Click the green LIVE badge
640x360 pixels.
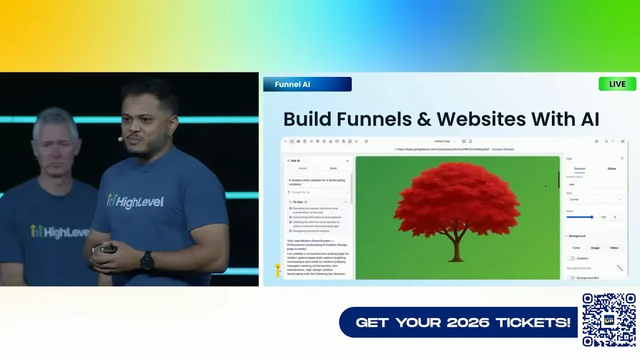pyautogui.click(x=617, y=84)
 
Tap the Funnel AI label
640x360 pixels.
pyautogui.click(x=292, y=84)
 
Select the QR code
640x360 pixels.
pyautogui.click(x=609, y=320)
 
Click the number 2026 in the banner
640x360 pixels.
pyautogui.click(x=467, y=322)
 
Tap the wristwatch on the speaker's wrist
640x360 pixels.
pyautogui.click(x=147, y=260)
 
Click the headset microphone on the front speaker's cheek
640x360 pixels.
pyautogui.click(x=120, y=138)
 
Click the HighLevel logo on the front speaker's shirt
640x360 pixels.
pyautogui.click(x=135, y=201)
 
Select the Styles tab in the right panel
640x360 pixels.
pyautogui.click(x=611, y=168)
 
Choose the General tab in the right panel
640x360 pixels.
pyautogui.click(x=579, y=168)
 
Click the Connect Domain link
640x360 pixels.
pyautogui.click(x=502, y=149)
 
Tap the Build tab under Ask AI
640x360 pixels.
pyautogui.click(x=333, y=168)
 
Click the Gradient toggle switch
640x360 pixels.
pyautogui.click(x=570, y=258)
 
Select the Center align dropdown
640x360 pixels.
pyautogui.click(x=595, y=199)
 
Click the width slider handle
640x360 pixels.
pyautogui.click(x=591, y=217)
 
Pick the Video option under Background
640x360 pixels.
pyautogui.click(x=614, y=247)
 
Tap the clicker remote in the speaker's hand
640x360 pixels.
pyautogui.click(x=108, y=248)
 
